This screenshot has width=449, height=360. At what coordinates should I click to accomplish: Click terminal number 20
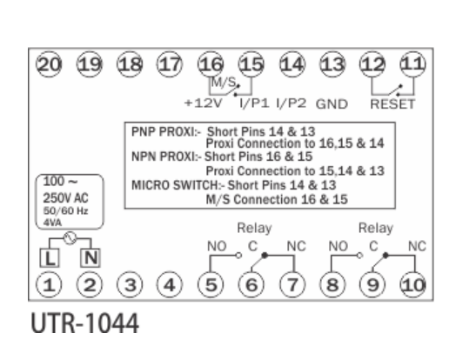[x=49, y=64]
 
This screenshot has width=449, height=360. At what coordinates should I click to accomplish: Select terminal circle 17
[x=170, y=64]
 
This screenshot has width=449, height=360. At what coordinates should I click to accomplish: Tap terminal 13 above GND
[x=332, y=64]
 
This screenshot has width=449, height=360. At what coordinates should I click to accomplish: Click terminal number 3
[x=130, y=284]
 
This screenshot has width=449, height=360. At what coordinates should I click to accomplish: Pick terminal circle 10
[x=413, y=284]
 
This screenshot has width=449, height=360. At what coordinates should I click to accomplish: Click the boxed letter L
[x=50, y=257]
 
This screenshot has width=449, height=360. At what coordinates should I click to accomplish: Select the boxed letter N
[x=90, y=257]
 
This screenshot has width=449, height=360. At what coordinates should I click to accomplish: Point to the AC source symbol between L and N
[x=70, y=238]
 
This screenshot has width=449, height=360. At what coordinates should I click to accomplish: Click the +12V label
[x=204, y=103]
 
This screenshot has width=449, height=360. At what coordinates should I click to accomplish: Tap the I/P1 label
[x=254, y=103]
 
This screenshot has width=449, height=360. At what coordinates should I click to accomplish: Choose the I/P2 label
[x=292, y=103]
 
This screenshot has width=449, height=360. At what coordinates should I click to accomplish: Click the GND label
[x=332, y=103]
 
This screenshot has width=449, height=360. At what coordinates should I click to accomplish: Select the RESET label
[x=392, y=103]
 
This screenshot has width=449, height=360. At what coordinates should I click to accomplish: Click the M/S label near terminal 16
[x=224, y=83]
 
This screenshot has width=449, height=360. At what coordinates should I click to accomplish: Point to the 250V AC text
[x=65, y=198]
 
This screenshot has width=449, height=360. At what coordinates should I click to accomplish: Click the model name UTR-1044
[x=84, y=323]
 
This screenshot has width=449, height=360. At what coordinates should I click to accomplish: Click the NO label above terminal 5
[x=217, y=246]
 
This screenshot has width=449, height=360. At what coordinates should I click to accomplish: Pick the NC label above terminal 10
[x=417, y=246]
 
